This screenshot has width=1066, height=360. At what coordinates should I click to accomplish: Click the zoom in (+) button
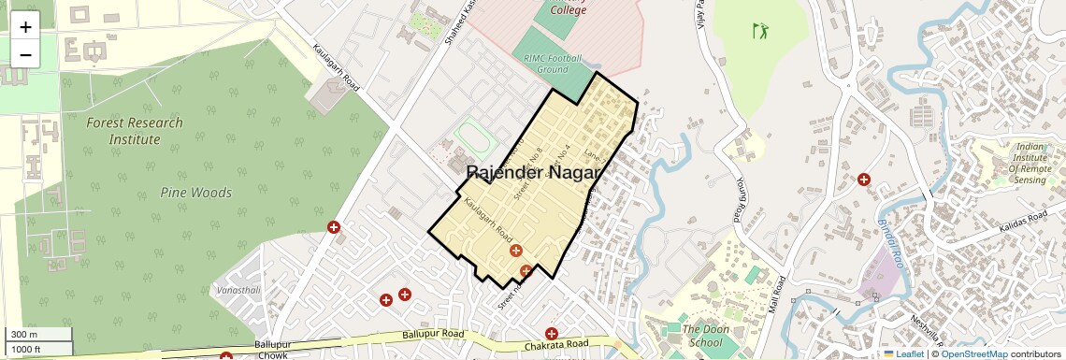[x=25, y=27]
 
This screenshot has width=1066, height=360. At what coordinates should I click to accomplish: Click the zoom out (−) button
[x=25, y=55]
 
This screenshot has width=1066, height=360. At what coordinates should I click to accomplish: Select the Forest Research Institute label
[x=134, y=131]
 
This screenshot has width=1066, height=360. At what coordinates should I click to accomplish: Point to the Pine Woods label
[x=196, y=193]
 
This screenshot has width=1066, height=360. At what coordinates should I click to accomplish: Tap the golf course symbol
[x=759, y=31]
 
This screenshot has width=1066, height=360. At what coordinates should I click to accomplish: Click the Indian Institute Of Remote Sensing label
[x=1017, y=163]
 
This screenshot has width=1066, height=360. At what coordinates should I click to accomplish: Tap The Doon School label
[x=702, y=336]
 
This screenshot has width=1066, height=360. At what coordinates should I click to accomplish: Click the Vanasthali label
[x=238, y=291]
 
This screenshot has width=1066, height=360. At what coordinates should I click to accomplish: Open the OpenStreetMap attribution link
[x=974, y=353]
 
